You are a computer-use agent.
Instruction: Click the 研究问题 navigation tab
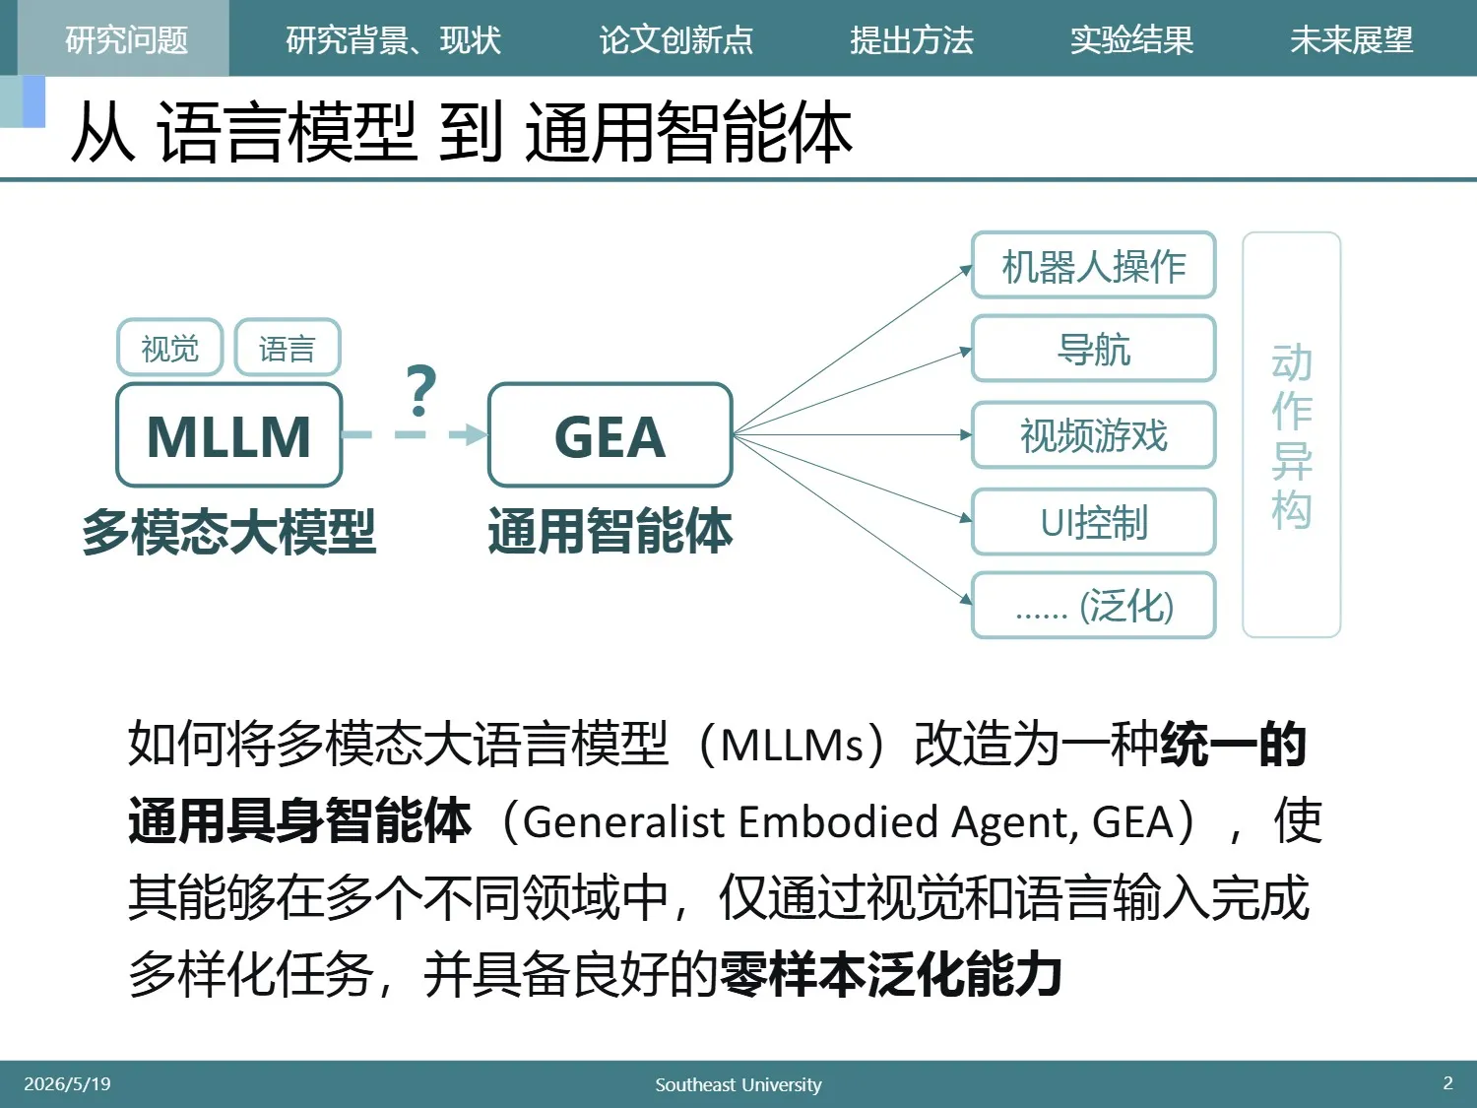[126, 39]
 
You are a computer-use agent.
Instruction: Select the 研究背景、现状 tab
[393, 39]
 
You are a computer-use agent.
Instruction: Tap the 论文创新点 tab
[675, 39]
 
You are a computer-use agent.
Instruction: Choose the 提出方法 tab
[911, 39]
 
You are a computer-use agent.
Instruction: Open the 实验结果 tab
[1131, 39]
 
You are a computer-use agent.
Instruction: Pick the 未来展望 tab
[1351, 39]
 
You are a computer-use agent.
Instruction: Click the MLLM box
[228, 435]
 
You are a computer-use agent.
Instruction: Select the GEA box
[610, 435]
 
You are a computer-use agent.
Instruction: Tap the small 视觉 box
[169, 347]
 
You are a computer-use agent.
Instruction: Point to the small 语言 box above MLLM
[288, 347]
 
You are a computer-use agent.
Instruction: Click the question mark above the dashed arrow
[421, 390]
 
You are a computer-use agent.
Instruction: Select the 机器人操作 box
[1093, 265]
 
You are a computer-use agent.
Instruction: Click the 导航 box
[1093, 350]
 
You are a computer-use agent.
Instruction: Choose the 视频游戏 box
[1093, 434]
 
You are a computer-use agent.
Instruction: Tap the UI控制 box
[1093, 522]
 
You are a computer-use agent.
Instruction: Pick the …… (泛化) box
[1093, 606]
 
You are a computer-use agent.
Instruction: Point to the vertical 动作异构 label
[1291, 436]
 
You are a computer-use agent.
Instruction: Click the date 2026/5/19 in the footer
[67, 1083]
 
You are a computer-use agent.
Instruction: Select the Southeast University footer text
[738, 1084]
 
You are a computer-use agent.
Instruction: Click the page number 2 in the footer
[1447, 1083]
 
